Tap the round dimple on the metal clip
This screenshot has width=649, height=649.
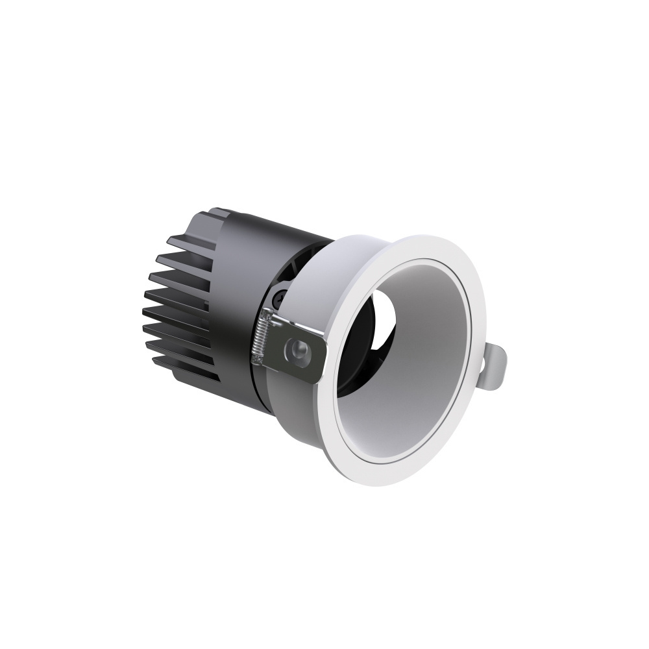point(300,350)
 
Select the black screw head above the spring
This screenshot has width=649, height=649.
point(278,299)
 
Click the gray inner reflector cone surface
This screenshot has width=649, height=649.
point(415,376)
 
